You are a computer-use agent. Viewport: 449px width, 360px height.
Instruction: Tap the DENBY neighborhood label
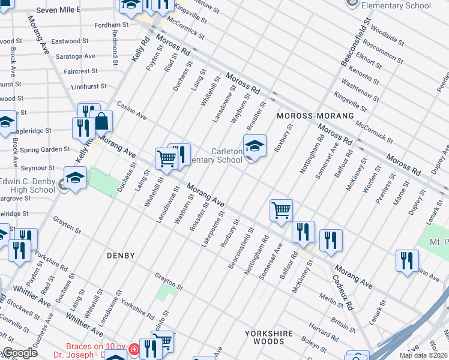coord(121,255)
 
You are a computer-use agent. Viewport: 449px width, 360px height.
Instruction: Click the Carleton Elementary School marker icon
coord(255,146)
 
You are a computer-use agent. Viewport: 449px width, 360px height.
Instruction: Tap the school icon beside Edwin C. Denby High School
coord(75,178)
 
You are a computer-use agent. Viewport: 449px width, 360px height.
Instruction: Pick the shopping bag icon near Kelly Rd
coord(102,122)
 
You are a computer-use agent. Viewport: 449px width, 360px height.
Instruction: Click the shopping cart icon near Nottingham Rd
coord(281,211)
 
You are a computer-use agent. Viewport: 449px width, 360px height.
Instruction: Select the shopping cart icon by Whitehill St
coord(166,159)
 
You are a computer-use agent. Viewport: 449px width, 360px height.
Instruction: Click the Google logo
coord(20,353)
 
